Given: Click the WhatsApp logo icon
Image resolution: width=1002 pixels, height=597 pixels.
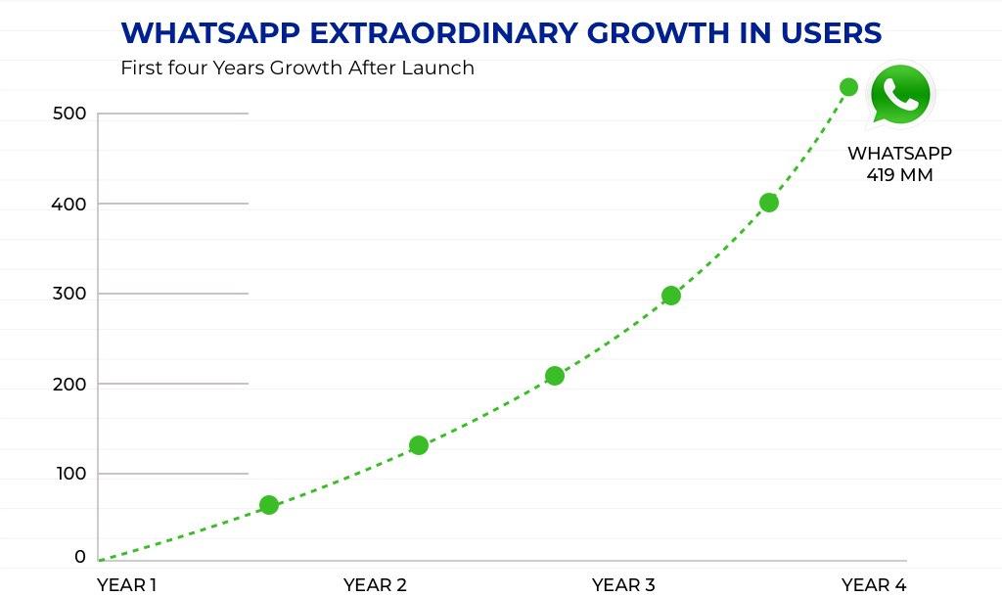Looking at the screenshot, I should pos(899,94).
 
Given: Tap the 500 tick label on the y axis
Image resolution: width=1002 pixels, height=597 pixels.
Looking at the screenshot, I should pos(69,114).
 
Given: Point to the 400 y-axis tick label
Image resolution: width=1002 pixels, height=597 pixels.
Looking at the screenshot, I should pos(69,204).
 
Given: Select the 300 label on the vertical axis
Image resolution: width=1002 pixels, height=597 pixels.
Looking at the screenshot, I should pos(69,294).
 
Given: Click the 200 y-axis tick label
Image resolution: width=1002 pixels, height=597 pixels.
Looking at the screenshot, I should pos(69,384).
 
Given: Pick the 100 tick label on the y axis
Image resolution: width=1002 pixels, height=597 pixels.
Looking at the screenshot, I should pos(69,474).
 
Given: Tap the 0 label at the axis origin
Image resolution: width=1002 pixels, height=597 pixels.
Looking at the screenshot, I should pos(79,557).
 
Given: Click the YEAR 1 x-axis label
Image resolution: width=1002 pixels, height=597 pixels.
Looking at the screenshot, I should pos(126,585).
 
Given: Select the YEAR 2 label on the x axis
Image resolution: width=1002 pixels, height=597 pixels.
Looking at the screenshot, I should pos(375,585).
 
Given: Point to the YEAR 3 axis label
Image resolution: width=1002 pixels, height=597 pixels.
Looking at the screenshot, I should pos(623,585).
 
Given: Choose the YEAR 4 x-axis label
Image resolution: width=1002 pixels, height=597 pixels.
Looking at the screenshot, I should pos(873,585).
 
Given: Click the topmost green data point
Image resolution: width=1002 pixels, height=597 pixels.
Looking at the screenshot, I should pos(848,87).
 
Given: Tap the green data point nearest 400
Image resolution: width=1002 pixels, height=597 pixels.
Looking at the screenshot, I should pos(768,203).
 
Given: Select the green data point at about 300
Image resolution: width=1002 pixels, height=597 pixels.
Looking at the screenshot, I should pos(670,296).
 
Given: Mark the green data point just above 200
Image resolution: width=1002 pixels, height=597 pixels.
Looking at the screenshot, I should pos(555,376).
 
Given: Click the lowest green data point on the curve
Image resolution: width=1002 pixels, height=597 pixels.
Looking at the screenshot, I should pos(269,505).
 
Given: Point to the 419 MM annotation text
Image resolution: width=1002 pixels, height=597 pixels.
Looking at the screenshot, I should pos(899,176).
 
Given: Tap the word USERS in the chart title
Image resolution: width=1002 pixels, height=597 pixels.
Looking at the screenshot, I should pos(832,33).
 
